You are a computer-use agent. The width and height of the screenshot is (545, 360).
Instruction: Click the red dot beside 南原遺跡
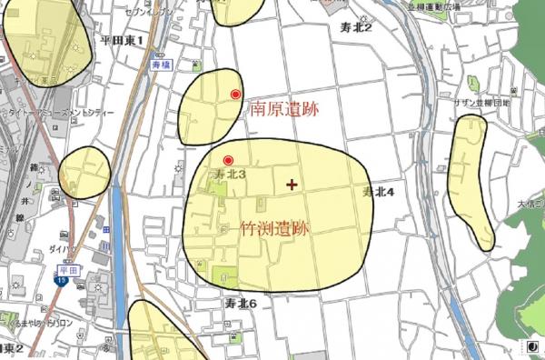pos(236,94)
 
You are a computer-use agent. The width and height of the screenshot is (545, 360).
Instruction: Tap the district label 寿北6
pos(243,303)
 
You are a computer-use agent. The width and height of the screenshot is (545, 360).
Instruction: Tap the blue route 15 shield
pos(60,282)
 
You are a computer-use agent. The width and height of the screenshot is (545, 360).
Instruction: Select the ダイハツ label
pos(62,246)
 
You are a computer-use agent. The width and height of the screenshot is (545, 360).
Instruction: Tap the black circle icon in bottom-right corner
pos(532,347)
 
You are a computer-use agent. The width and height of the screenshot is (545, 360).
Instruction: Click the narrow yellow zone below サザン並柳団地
pos(473,182)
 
